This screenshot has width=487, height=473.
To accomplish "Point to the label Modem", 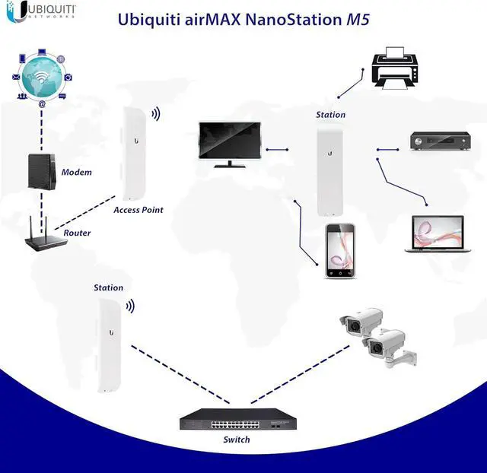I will click(x=76, y=173).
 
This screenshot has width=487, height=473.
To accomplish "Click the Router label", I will click(x=77, y=233).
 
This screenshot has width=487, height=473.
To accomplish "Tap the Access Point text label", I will click(x=138, y=210).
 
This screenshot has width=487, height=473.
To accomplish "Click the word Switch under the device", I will click(x=236, y=440).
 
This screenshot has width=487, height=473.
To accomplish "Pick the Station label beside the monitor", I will click(x=330, y=115).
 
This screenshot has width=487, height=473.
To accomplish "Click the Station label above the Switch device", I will click(x=108, y=288).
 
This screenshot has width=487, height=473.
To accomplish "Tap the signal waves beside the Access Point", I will click(x=155, y=114).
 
